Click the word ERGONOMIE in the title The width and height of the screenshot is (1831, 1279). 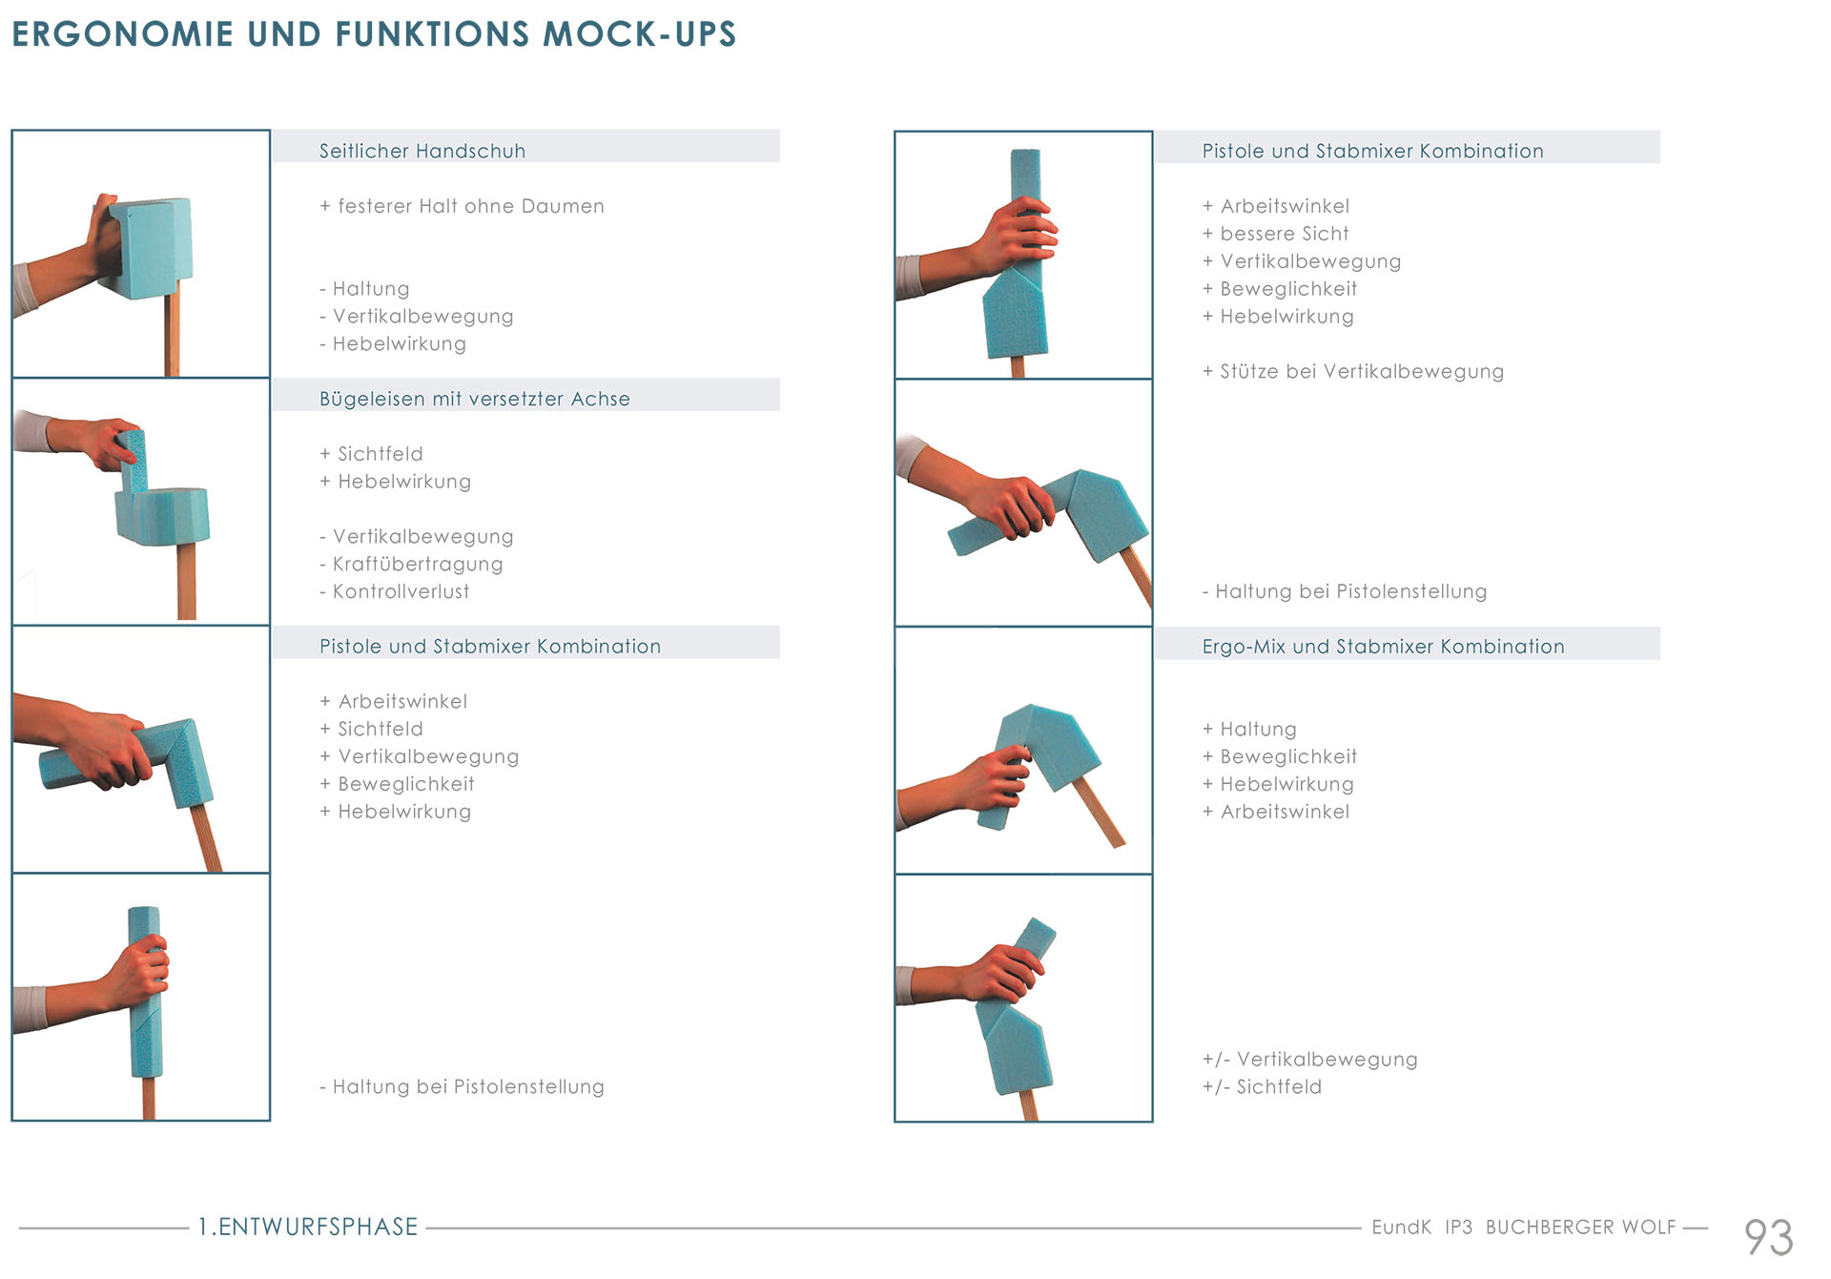(122, 34)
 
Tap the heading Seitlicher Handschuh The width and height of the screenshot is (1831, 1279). (422, 151)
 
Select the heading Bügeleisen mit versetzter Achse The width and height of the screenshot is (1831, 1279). (474, 399)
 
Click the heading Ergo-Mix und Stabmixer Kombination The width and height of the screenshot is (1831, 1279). (1383, 647)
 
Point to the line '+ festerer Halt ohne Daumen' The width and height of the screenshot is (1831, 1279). (462, 206)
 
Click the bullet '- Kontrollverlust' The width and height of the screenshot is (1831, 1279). (394, 591)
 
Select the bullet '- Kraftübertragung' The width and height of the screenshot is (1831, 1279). (411, 564)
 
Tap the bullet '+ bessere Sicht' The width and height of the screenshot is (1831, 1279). (1275, 234)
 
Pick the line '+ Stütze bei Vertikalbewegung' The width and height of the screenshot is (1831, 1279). (1352, 371)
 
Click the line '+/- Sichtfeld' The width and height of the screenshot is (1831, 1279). (1262, 1086)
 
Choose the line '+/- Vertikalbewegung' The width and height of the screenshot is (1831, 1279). (1309, 1059)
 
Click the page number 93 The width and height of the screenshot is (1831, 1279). (1768, 1237)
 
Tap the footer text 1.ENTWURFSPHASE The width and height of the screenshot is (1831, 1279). (308, 1227)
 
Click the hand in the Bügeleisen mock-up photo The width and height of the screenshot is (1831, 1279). (105, 442)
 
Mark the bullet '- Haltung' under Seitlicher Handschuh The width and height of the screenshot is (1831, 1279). (364, 289)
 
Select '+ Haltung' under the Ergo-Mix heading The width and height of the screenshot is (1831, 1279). (1249, 730)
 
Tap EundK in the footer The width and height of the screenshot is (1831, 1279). (1401, 1227)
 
